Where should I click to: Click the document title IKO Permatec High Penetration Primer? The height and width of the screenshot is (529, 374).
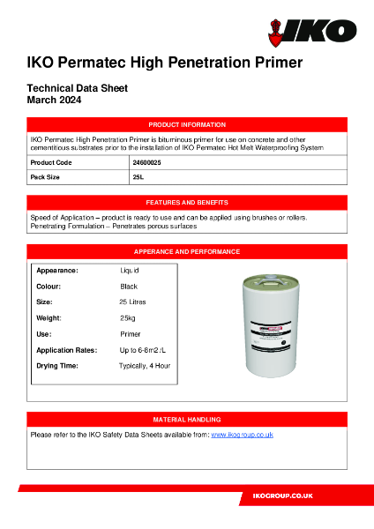165,63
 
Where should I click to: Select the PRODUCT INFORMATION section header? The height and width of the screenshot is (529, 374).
187,125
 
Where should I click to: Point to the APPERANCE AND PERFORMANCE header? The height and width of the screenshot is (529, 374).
187,251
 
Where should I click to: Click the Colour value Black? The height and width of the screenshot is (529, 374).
129,287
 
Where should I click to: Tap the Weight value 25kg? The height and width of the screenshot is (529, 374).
129,318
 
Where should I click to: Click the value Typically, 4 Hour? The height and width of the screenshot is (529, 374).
145,366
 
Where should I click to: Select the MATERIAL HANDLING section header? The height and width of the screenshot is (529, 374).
187,420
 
